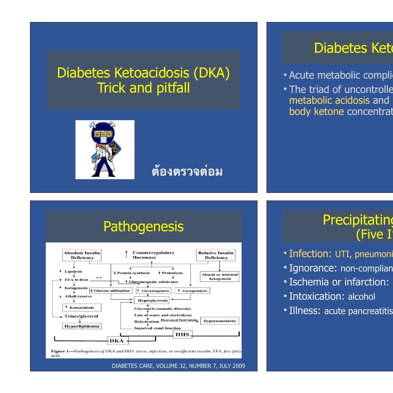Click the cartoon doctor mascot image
[105, 150]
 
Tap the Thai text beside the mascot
[187, 172]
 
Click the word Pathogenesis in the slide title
[143, 226]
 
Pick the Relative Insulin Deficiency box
[216, 255]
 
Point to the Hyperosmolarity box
[220, 321]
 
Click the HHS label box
[182, 334]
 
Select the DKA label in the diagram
[117, 341]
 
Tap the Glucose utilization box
[111, 291]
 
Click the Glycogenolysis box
[192, 291]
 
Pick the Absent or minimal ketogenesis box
[220, 276]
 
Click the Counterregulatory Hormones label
[153, 255]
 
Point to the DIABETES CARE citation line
[178, 366]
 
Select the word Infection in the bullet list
[310, 254]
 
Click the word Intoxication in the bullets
[317, 296]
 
